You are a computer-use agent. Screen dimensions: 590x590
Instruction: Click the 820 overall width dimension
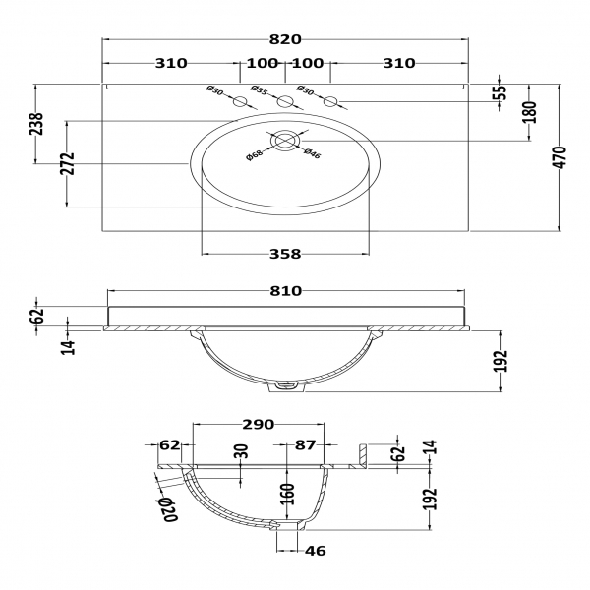[x=285, y=40]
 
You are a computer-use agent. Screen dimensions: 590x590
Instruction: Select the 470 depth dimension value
[x=560, y=158]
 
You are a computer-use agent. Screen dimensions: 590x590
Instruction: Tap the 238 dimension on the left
[x=36, y=125]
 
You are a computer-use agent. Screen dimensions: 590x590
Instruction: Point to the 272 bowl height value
[x=68, y=163]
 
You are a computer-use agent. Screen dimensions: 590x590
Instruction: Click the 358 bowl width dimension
[x=284, y=254]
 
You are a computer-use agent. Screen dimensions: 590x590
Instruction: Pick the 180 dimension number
[x=528, y=111]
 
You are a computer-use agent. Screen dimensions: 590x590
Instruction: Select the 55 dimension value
[x=501, y=92]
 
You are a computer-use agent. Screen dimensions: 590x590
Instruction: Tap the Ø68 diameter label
[x=253, y=153]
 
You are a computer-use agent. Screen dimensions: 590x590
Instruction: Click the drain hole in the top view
[x=284, y=140]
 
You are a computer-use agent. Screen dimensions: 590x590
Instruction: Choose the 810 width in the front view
[x=284, y=291]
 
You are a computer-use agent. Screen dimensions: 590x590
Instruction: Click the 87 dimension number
[x=306, y=445]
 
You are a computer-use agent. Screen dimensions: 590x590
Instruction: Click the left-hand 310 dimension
[x=170, y=64]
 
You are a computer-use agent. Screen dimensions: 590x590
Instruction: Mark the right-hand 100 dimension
[x=308, y=64]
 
